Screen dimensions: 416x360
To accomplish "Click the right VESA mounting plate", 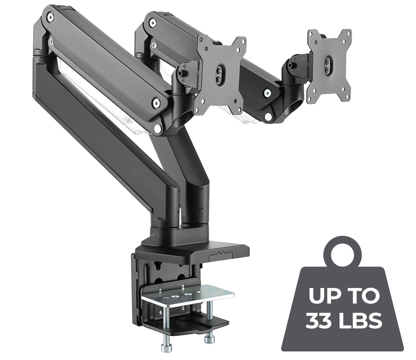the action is (329, 65).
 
